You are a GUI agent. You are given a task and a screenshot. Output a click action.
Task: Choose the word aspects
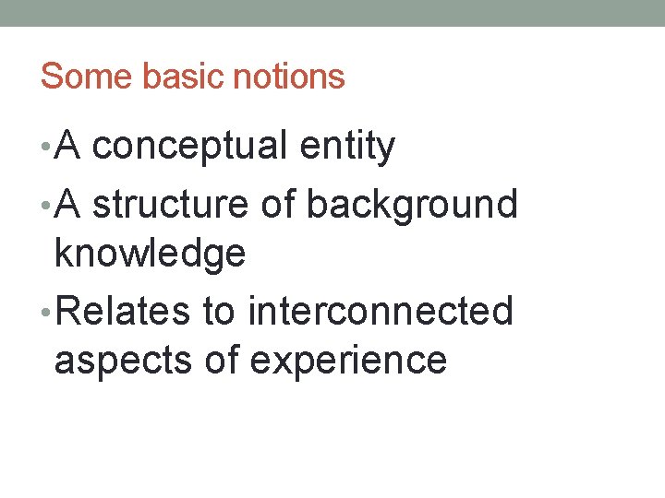click(124, 360)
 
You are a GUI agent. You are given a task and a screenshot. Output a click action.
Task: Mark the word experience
click(348, 360)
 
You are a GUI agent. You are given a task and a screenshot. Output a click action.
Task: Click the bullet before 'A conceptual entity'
click(45, 148)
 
